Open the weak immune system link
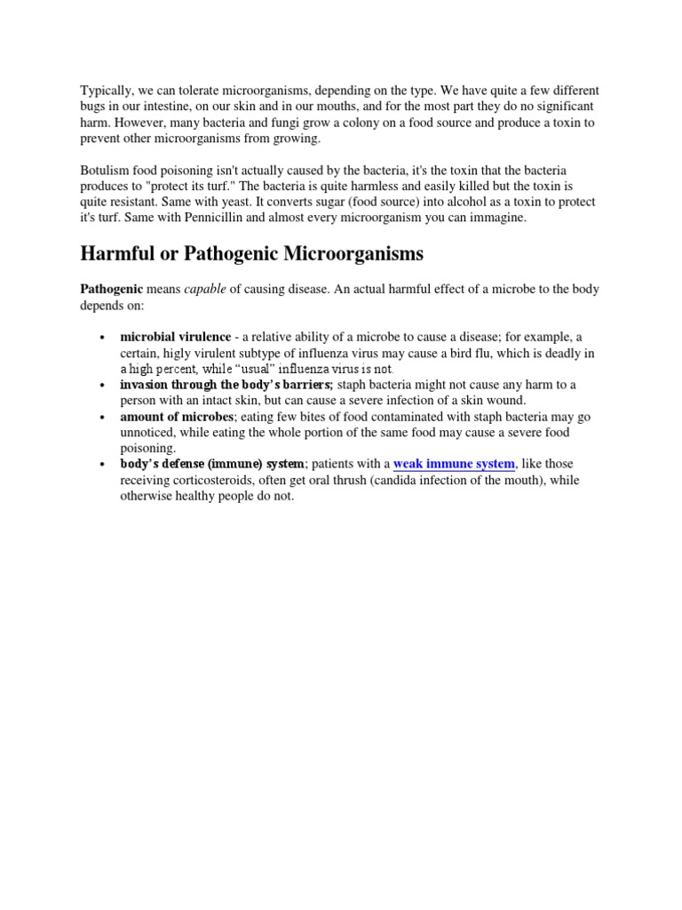click(454, 464)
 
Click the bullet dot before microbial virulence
click(103, 338)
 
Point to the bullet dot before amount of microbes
click(103, 417)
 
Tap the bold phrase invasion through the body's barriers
click(226, 384)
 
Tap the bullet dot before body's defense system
click(103, 465)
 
